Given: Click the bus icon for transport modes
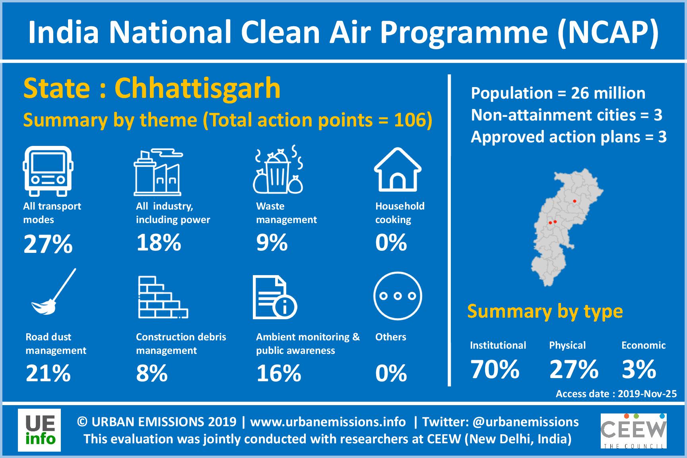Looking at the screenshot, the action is [48, 171].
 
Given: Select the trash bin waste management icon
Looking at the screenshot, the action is [278, 169].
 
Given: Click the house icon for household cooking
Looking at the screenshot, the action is [398, 169].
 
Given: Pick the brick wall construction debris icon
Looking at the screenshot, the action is [163, 297].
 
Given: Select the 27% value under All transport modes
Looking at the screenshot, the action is [48, 244].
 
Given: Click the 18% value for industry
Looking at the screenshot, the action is [159, 242].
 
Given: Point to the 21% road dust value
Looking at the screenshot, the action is [48, 373].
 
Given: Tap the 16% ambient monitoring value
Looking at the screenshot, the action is [279, 373].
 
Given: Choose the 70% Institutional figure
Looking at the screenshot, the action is [495, 369].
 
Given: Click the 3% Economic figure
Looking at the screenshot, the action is [639, 369].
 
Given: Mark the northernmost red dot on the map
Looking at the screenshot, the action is [574, 201].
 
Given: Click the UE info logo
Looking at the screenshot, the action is [39, 430].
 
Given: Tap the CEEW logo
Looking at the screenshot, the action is [634, 431].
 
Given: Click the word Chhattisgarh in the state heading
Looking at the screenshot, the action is [198, 88].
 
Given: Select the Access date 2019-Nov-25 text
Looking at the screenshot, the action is [616, 394].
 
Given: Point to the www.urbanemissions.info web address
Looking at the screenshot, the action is [328, 421].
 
